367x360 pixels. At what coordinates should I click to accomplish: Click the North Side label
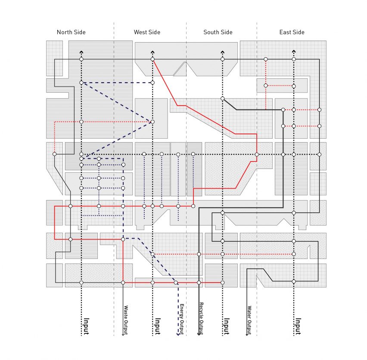[71, 32]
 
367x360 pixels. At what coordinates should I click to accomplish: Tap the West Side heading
[147, 32]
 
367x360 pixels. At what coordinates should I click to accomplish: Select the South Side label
[218, 32]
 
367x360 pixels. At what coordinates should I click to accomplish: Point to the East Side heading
[292, 32]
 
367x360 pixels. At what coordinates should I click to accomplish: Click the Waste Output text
[126, 320]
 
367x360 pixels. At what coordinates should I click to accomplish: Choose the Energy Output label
[182, 319]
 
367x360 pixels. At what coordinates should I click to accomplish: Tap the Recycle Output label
[201, 318]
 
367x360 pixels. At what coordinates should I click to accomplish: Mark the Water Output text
[249, 320]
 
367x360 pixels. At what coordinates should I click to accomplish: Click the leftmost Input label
[87, 326]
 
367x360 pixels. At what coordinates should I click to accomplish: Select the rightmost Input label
[298, 326]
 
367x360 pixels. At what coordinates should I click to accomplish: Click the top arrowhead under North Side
[81, 52]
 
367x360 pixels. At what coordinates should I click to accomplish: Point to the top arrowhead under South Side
[222, 52]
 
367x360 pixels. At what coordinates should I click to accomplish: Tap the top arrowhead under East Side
[294, 51]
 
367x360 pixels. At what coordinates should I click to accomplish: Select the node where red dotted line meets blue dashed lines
[152, 121]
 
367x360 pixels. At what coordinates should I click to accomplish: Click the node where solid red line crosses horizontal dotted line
[257, 155]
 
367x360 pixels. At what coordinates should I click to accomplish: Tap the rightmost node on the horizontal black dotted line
[319, 155]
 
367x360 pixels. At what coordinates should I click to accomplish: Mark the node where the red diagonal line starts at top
[152, 59]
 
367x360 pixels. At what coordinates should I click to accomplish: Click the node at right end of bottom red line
[222, 282]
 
